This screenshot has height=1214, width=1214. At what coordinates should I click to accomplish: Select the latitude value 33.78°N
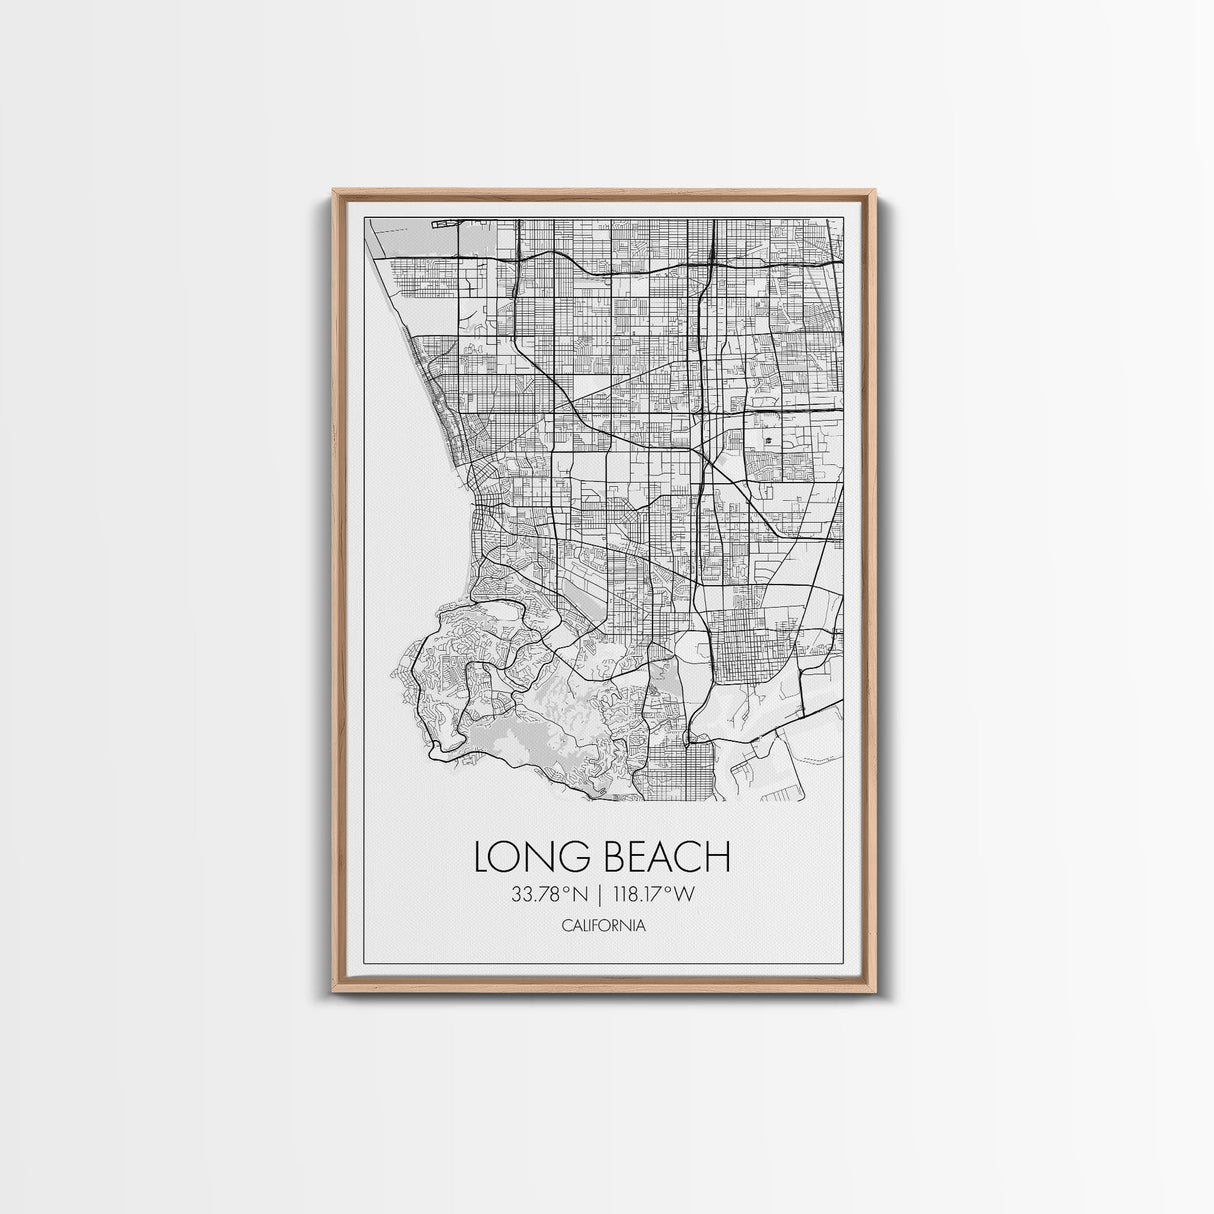click(x=547, y=895)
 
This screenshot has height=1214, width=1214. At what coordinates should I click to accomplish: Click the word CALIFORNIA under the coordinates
click(x=604, y=926)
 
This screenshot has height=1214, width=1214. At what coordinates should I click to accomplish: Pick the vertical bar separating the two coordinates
click(x=600, y=895)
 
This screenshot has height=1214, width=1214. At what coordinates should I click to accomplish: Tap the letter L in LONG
click(x=483, y=857)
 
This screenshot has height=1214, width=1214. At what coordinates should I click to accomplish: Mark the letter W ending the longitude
click(x=685, y=895)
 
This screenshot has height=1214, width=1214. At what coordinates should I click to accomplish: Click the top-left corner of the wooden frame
click(x=332, y=187)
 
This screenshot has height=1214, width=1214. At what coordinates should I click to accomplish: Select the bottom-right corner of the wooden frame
click(x=878, y=1000)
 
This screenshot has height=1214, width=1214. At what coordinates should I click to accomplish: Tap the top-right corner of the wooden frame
click(x=878, y=187)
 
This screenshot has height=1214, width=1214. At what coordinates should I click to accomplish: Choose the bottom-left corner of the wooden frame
click(x=332, y=1000)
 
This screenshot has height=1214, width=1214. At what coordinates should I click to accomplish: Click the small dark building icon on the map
click(x=768, y=441)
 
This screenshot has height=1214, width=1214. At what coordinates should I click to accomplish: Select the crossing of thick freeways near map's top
click(x=709, y=262)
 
